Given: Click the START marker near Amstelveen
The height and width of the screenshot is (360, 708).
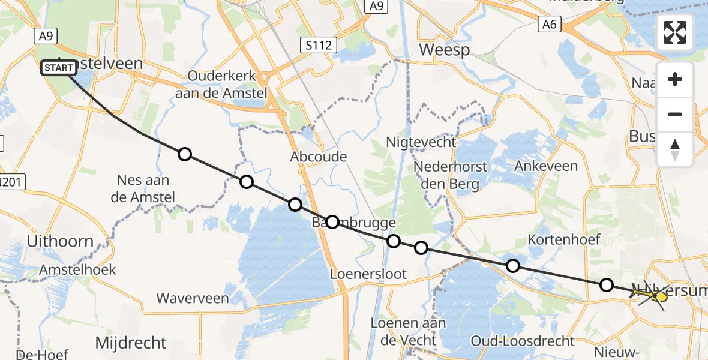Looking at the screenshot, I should pos(59,68).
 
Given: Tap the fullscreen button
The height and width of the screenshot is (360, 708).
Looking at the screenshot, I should pos(675,32).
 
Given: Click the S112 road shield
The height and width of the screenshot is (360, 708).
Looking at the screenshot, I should pos(318,44).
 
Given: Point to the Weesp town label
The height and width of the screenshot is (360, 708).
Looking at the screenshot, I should pos(445,49).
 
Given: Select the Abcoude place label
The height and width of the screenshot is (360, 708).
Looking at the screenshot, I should pos(319,157).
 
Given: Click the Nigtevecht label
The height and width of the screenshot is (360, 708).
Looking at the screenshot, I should pos(421,142).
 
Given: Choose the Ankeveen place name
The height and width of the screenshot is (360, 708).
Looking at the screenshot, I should pos(546,166).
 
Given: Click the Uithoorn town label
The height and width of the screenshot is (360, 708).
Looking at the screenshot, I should pos(61,242).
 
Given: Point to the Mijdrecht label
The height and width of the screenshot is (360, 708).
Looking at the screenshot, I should pos(131,343).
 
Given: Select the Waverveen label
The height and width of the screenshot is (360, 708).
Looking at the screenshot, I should pos(193,298).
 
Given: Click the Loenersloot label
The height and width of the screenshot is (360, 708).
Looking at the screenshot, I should pos(369,274).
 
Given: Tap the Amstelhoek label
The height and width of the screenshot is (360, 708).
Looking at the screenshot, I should pos(77,270).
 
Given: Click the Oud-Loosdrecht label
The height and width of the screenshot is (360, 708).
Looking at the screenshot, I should pos(523,341).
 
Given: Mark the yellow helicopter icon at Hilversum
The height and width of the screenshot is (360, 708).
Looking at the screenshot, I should pos(661,296).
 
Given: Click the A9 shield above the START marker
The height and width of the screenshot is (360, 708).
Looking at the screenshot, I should pos(46,36).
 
